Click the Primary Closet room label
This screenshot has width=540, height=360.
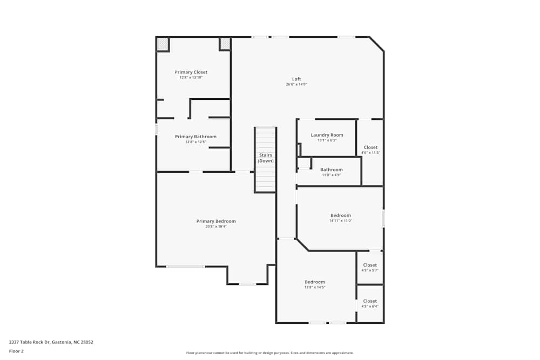coord(191,72)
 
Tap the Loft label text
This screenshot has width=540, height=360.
coord(296,79)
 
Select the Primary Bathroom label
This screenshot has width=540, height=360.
coord(195,137)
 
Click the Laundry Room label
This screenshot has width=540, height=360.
coord(327,135)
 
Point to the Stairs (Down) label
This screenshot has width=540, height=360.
coord(265,158)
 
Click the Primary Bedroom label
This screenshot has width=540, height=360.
coord(215,221)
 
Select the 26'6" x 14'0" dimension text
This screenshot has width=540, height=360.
coord(296,85)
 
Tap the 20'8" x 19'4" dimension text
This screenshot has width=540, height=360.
coord(215,227)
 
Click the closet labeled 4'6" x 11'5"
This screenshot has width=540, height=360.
coord(370,147)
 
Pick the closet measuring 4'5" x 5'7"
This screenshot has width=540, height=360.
coord(370,265)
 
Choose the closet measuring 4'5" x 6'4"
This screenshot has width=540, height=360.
coord(370,301)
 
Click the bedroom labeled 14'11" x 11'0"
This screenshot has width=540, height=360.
coord(340,215)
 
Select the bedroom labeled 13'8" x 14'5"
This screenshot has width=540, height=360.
coord(315,282)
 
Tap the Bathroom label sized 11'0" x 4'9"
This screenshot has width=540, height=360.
coord(331,169)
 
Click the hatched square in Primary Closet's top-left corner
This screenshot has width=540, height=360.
coord(163,44)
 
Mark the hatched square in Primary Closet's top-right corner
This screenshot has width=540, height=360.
coord(225,43)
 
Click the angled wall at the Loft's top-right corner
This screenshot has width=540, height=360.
coord(377,44)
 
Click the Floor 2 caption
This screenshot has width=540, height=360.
coord(16,351)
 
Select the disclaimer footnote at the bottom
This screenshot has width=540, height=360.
coord(269,353)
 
